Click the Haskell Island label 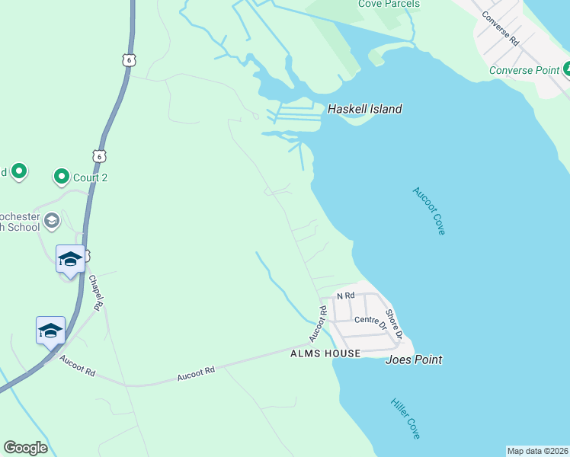(x=364, y=109)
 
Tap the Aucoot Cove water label (x=428, y=211)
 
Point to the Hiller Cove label (x=405, y=418)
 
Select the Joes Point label (x=414, y=360)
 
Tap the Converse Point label (x=524, y=71)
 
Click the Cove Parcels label (x=389, y=4)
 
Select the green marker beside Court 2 (x=61, y=177)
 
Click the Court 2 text (x=90, y=177)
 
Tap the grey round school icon (x=52, y=221)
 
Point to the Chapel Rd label (x=95, y=291)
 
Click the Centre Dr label (x=371, y=321)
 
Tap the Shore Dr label (x=393, y=323)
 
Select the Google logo (x=25, y=448)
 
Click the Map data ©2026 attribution (x=537, y=451)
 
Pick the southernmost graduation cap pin (x=50, y=331)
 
